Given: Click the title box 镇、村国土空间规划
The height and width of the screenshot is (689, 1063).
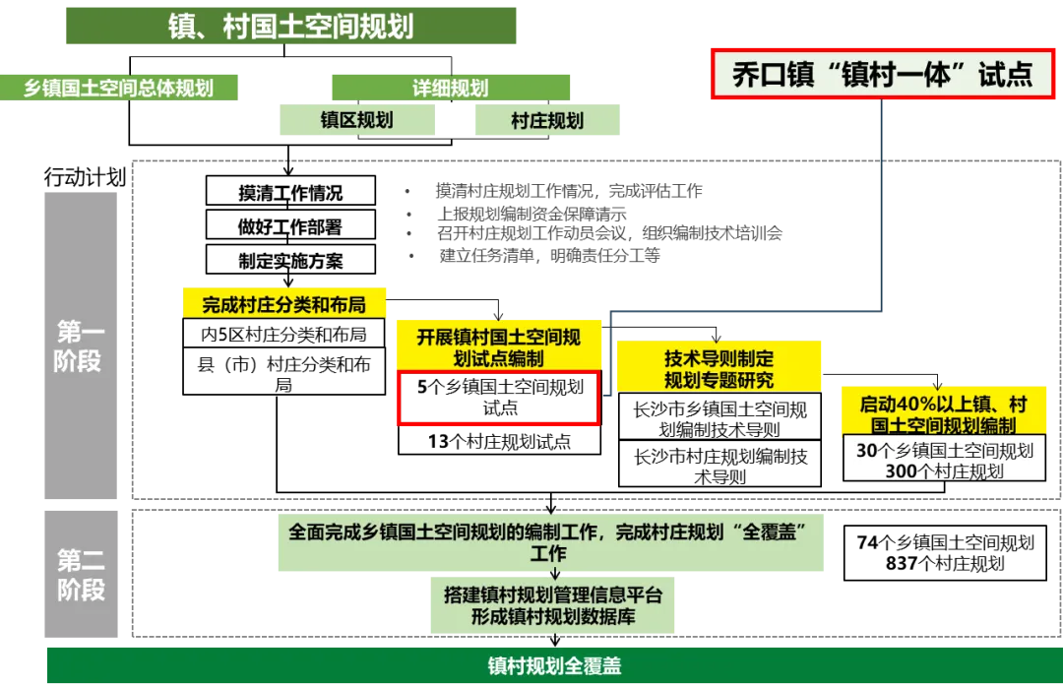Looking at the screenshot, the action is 291,26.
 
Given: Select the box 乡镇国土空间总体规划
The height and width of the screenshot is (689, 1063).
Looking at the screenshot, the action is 120,88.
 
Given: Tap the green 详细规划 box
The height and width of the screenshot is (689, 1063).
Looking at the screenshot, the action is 450,88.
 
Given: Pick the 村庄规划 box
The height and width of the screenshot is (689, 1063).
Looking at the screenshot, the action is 547,121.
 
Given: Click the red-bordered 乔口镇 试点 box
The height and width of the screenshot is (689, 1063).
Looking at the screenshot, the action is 883,75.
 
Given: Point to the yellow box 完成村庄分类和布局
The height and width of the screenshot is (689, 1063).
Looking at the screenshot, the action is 284,304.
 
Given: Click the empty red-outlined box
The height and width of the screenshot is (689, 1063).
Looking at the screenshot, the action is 498,399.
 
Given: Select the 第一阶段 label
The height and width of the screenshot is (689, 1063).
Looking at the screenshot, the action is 79,346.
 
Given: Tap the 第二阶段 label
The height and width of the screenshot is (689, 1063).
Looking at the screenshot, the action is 79,576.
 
